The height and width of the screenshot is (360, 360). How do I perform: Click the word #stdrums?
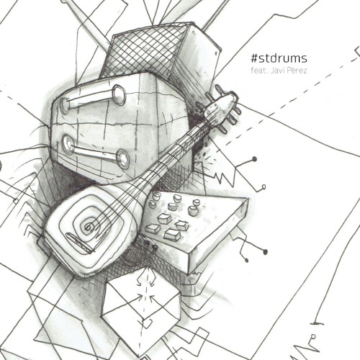[x=279, y=58]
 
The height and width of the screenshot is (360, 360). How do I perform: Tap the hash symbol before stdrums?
[x=254, y=58]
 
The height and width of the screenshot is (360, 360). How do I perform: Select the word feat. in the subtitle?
[x=258, y=71]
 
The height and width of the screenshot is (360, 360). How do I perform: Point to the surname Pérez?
[x=297, y=71]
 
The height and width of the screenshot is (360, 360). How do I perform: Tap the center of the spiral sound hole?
[x=89, y=226]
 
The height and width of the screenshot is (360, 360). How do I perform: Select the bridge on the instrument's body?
[x=79, y=243]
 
